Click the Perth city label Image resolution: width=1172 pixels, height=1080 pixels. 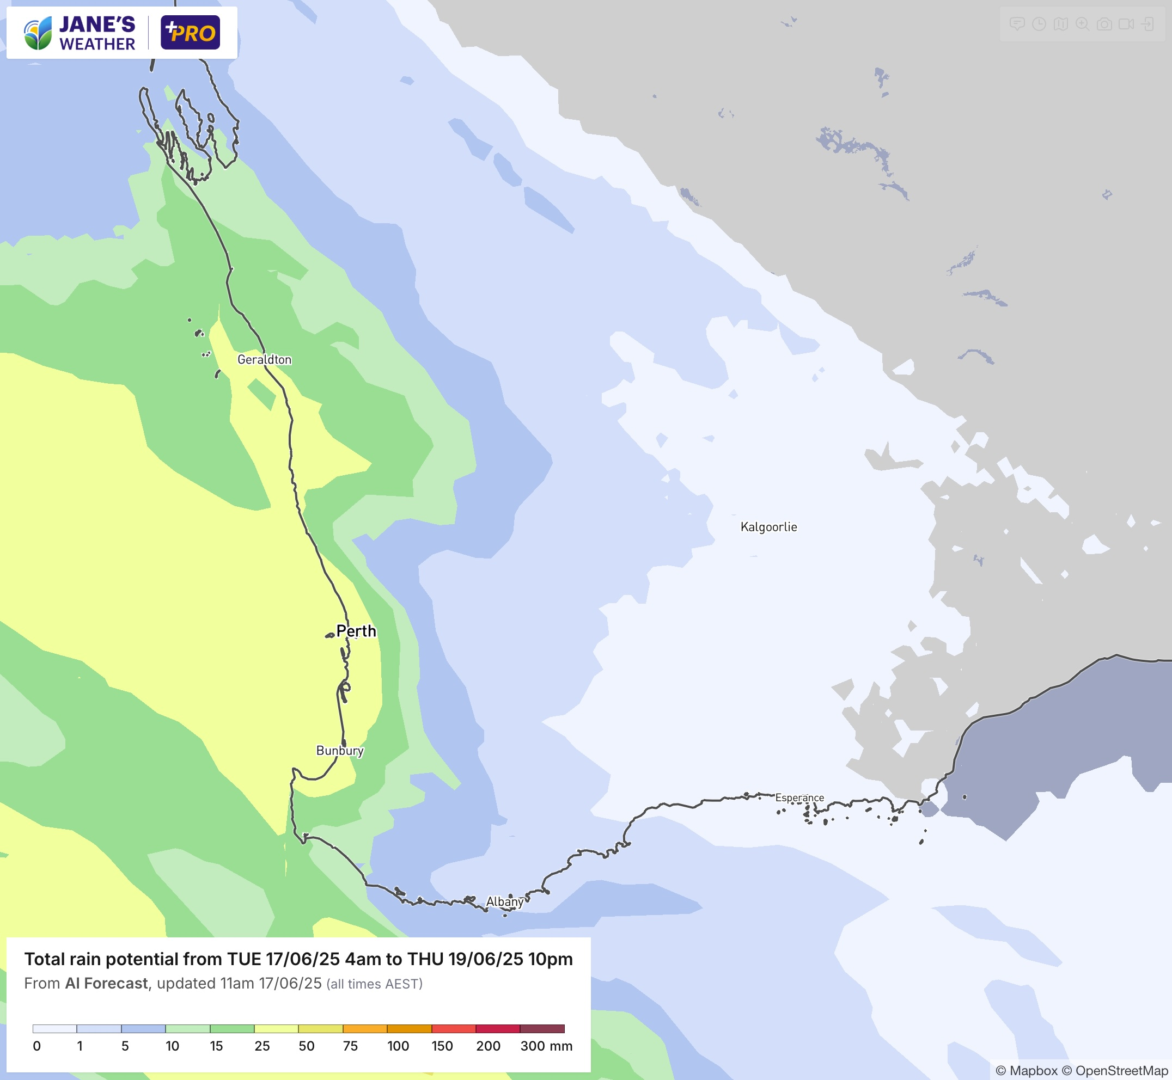(356, 631)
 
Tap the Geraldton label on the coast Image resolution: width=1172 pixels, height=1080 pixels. (264, 359)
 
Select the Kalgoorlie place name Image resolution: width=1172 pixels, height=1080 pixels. (768, 527)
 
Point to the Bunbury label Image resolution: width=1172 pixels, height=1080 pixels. (340, 750)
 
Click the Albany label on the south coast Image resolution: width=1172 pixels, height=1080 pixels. (504, 902)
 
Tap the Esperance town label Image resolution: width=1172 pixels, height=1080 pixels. (799, 797)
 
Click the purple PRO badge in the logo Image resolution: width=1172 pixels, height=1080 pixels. (190, 33)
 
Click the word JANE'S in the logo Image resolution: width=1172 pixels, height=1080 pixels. (97, 24)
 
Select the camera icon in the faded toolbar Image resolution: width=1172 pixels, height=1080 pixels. (1103, 24)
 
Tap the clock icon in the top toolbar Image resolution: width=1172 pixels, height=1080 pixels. (1039, 24)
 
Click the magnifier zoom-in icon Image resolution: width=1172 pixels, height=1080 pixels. (1082, 24)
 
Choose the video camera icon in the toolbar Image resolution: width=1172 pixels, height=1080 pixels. (1126, 24)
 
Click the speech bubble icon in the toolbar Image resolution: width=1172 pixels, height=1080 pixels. (1017, 24)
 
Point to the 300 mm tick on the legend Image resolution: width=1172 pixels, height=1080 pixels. (546, 1046)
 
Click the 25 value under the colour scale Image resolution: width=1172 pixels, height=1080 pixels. (262, 1046)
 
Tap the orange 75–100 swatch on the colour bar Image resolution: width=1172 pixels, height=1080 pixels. (365, 1029)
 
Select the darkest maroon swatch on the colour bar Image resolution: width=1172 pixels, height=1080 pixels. (542, 1029)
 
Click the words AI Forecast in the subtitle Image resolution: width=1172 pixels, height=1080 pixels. (106, 984)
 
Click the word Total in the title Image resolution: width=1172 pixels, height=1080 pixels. (45, 959)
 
